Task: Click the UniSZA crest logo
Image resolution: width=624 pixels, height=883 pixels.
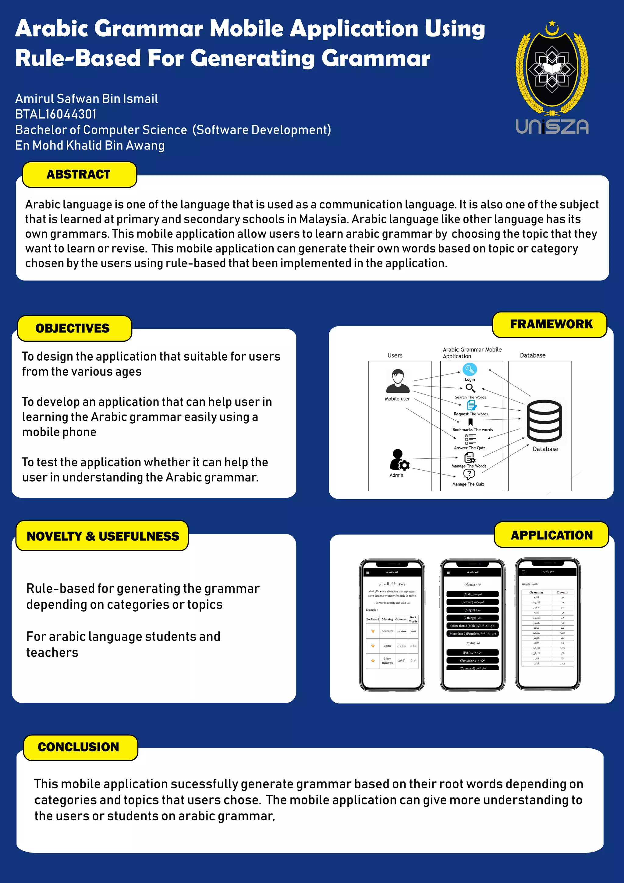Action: tap(552, 69)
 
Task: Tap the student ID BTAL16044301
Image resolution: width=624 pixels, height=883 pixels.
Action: tap(56, 114)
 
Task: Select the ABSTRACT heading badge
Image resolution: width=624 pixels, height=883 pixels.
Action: tap(79, 174)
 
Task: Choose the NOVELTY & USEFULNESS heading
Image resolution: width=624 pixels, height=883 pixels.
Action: tap(103, 536)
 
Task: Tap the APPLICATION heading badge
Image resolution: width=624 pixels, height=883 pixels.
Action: tap(551, 535)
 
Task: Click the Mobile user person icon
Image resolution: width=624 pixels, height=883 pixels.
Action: tap(398, 381)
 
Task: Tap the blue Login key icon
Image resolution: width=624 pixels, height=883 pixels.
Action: tap(469, 369)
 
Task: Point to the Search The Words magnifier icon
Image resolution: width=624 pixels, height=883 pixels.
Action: tap(470, 388)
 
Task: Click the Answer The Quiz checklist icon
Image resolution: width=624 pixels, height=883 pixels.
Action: tap(470, 439)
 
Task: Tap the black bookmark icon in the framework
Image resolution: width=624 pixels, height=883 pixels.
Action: tap(470, 422)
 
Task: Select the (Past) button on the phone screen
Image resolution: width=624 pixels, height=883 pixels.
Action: tap(473, 652)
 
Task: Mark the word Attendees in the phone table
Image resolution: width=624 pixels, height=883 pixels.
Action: tap(387, 631)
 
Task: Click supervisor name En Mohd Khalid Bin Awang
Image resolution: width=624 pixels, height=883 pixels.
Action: tap(90, 145)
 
